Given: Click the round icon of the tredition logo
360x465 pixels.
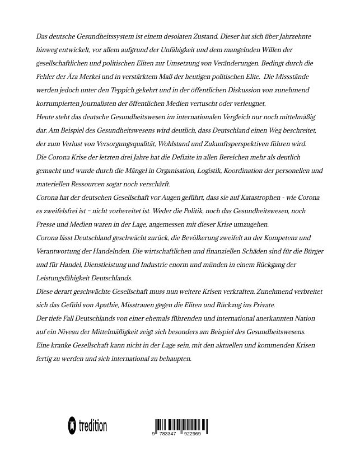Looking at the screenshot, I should [72, 426].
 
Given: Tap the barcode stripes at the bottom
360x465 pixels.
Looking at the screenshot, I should [180, 425].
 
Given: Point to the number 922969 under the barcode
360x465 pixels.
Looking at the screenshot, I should [191, 434].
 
